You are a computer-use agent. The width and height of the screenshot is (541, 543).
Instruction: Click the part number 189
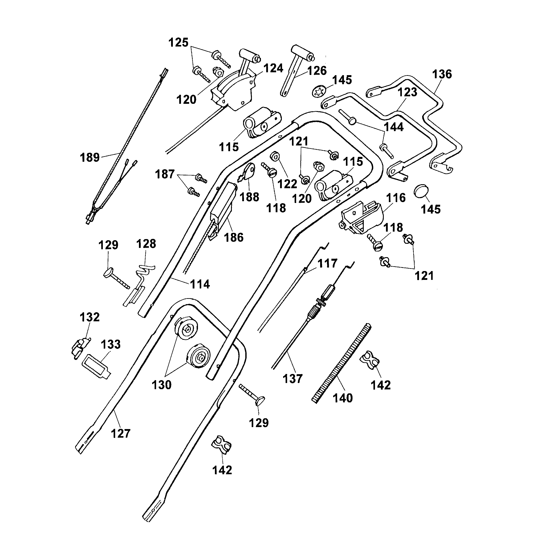click(x=90, y=157)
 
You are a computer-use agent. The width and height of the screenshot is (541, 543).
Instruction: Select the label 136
click(x=442, y=74)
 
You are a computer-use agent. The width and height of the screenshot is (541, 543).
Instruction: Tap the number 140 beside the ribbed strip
click(x=343, y=398)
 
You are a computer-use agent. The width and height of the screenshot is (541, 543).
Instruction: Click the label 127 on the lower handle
click(x=121, y=434)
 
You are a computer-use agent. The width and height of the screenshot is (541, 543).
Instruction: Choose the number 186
click(x=234, y=238)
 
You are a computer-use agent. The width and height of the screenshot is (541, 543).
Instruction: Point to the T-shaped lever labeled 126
click(x=295, y=70)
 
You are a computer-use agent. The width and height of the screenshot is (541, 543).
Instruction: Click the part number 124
click(x=273, y=68)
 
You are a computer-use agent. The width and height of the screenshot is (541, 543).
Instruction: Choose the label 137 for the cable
click(x=293, y=379)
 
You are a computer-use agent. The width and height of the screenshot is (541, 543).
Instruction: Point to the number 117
click(x=327, y=264)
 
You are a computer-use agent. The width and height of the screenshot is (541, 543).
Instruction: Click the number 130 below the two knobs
click(x=161, y=385)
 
